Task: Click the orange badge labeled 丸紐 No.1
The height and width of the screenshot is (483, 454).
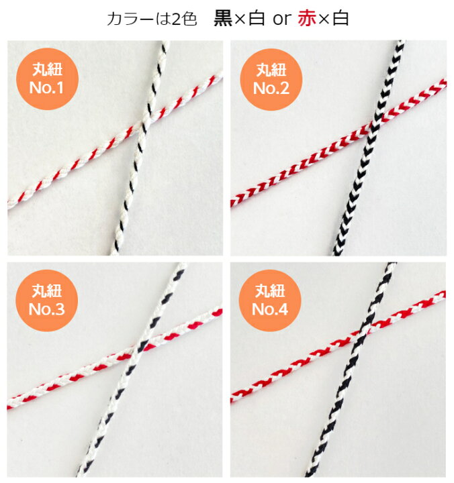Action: [47, 79]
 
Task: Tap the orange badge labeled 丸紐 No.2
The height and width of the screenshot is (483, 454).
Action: [271, 79]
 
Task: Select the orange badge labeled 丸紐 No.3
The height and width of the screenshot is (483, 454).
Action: [47, 301]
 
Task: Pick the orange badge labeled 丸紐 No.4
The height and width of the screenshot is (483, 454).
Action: [270, 301]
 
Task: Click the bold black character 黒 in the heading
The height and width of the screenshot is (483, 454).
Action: [223, 19]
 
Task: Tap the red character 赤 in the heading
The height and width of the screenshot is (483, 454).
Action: [307, 19]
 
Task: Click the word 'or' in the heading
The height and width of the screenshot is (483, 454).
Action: [281, 19]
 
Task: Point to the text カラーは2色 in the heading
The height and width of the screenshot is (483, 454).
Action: [152, 19]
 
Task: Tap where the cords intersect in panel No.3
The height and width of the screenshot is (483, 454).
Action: [140, 348]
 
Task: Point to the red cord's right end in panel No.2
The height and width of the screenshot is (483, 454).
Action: [444, 84]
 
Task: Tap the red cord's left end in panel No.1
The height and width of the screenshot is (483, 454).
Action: [9, 203]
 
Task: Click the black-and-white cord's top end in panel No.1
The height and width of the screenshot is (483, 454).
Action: [165, 42]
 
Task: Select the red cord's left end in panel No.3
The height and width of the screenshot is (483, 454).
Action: [9, 405]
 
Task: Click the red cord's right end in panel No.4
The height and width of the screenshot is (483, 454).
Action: [443, 294]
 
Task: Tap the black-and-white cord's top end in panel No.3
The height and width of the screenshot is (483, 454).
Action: [182, 265]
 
